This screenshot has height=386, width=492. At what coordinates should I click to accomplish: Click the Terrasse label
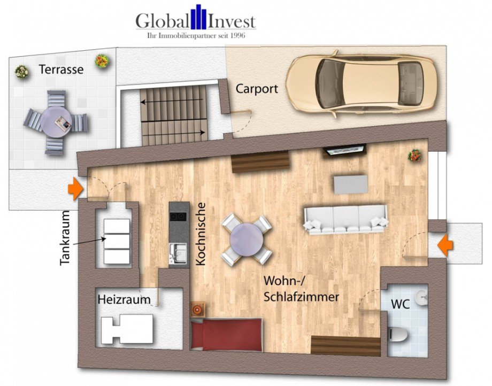coord(61,70)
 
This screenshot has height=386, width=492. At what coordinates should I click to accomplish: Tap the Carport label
coord(257,89)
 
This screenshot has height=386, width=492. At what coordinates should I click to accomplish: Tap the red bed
coord(226,334)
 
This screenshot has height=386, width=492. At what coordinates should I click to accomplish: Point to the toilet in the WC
coord(397,335)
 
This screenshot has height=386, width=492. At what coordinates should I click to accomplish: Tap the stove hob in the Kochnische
coord(178,217)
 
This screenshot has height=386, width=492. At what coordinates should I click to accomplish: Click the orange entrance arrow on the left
coord(75,189)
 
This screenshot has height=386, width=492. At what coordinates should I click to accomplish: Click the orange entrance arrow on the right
coord(445,245)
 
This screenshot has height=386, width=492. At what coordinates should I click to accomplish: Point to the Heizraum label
coord(124,300)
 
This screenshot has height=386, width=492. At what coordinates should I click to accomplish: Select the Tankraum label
coord(65,238)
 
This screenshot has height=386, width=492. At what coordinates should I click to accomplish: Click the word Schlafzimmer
coord(301,297)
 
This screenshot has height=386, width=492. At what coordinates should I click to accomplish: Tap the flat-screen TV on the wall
coord(345,150)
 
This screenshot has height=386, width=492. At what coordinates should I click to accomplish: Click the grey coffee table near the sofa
coord(351,184)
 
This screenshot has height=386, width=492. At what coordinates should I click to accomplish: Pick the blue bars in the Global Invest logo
coord(198,16)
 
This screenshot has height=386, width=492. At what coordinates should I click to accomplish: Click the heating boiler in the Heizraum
coord(127,329)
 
